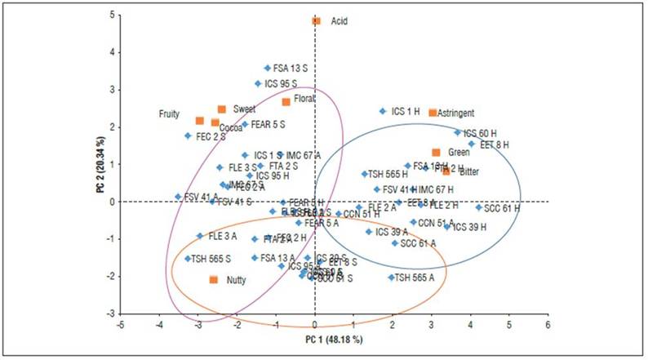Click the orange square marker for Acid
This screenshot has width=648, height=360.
point(316,21)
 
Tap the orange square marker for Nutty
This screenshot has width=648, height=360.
point(214,279)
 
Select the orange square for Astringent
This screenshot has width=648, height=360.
point(433,112)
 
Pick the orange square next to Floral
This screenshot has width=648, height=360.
point(286,101)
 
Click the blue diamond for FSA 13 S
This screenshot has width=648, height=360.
point(267,68)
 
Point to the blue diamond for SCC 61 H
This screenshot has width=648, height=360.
point(478,207)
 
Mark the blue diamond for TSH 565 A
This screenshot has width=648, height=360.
point(391,277)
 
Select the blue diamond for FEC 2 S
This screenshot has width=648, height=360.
point(188,136)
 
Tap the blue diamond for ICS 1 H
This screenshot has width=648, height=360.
point(382,111)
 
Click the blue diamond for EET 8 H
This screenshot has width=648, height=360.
point(471,144)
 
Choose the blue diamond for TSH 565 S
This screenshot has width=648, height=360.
point(188,258)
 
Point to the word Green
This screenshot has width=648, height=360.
point(459,153)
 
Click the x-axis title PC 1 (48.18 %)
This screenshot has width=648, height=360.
point(335,339)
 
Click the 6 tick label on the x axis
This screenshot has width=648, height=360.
point(547,324)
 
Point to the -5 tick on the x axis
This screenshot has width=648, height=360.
point(121,324)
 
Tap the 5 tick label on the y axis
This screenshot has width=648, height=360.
point(113,15)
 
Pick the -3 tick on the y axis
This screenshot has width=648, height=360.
point(112,313)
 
